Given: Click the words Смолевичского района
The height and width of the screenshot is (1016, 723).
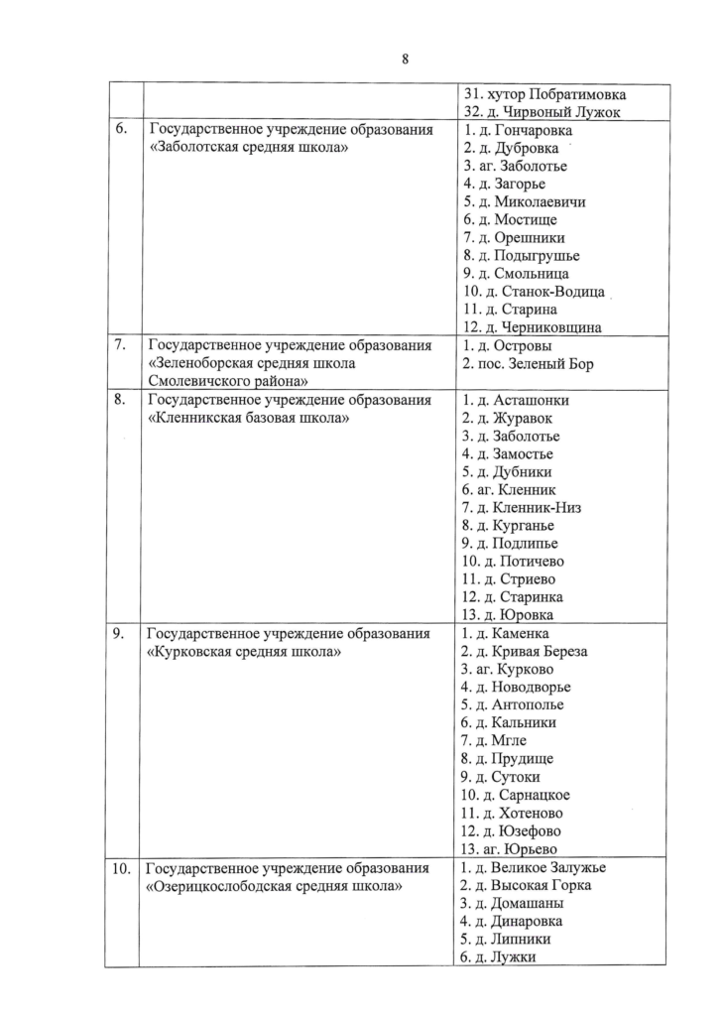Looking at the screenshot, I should point(227,381).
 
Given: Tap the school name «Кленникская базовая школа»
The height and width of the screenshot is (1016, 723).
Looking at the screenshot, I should point(248,418).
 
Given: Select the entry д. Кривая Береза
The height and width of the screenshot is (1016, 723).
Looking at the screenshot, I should point(526,651).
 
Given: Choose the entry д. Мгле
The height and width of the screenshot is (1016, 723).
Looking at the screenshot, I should point(495,740).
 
